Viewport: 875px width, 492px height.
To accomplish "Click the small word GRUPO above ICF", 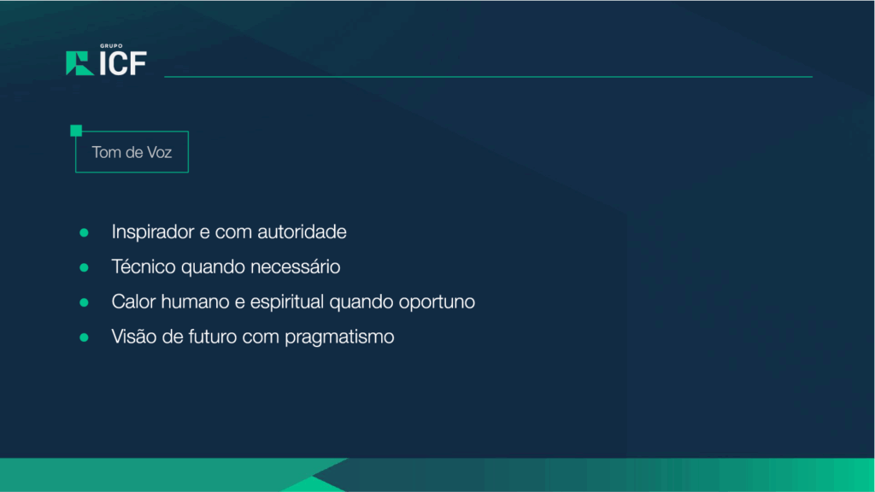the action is [111, 46].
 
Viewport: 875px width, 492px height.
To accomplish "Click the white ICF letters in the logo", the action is [123, 63].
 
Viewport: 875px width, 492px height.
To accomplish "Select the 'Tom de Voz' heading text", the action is [132, 152].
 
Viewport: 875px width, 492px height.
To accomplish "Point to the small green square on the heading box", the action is [76, 131].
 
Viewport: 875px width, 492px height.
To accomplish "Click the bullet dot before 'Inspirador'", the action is [85, 232].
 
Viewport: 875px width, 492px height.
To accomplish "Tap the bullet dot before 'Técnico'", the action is [85, 267].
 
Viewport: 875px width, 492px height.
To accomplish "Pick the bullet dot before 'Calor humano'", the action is [85, 302].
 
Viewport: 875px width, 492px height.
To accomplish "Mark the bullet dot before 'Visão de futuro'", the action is [85, 337].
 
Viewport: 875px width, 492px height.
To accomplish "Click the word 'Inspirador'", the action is [153, 232].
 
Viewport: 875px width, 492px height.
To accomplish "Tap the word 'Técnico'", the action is [144, 266].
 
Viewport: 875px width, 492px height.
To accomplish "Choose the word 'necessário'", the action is [295, 266].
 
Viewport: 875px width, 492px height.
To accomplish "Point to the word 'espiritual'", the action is [287, 302].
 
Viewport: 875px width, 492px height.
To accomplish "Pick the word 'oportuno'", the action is [437, 302].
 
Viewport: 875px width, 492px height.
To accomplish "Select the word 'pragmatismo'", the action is [339, 337].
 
